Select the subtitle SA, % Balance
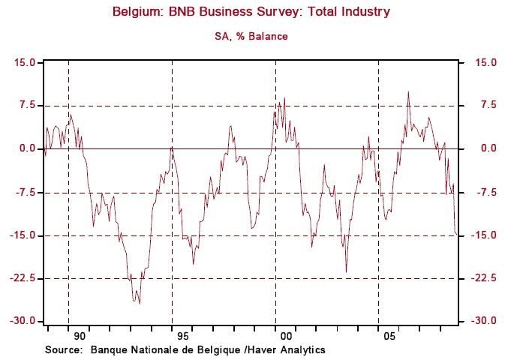[251, 36]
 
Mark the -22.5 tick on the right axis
[480, 278]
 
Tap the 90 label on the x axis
[80, 337]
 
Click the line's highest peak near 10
[408, 91]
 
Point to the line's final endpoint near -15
[458, 235]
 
